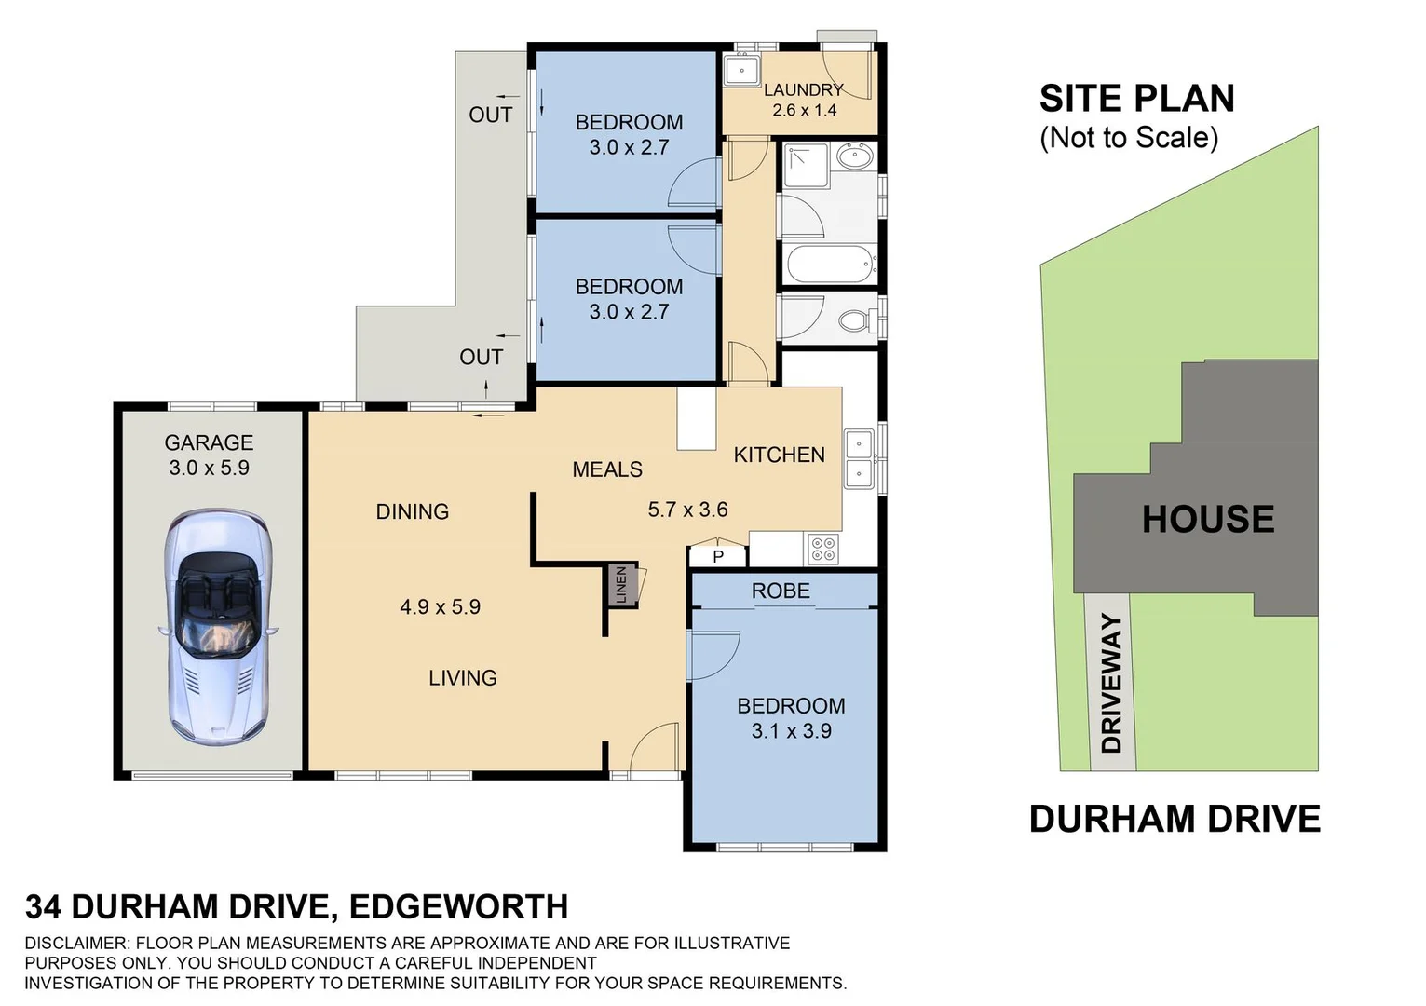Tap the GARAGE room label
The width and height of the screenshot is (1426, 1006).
tap(209, 443)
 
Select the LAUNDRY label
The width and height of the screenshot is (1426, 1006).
tap(803, 90)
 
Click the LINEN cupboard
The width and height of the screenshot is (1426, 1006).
tap(622, 585)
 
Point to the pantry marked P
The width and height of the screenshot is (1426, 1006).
tap(718, 556)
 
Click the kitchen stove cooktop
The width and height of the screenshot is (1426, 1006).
tap(822, 549)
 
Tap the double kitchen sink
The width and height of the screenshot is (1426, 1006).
tap(858, 458)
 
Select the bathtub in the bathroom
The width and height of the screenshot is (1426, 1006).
tap(831, 265)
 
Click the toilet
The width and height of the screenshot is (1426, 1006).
tap(855, 322)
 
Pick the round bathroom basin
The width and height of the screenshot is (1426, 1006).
tap(854, 156)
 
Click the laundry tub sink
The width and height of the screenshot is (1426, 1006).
tap(743, 71)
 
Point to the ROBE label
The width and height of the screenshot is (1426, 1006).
tap(781, 591)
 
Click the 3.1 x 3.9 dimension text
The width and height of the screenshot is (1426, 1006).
tap(791, 731)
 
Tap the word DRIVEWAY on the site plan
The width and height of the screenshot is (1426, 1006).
tap(1111, 683)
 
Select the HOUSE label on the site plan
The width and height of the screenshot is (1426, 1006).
tap(1208, 520)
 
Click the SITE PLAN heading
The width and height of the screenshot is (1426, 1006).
tap(1136, 99)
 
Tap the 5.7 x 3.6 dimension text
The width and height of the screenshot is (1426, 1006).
tap(687, 510)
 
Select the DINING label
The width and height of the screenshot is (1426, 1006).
tap(412, 511)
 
